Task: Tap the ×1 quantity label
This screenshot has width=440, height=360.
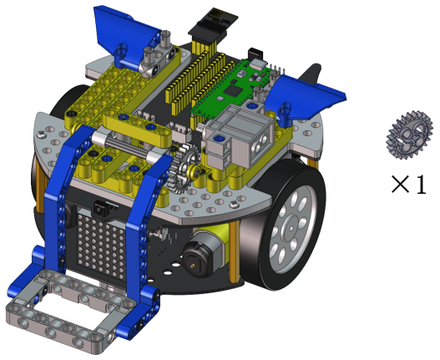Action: pos(409,185)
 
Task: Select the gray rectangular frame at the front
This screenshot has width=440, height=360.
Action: pos(68,309)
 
